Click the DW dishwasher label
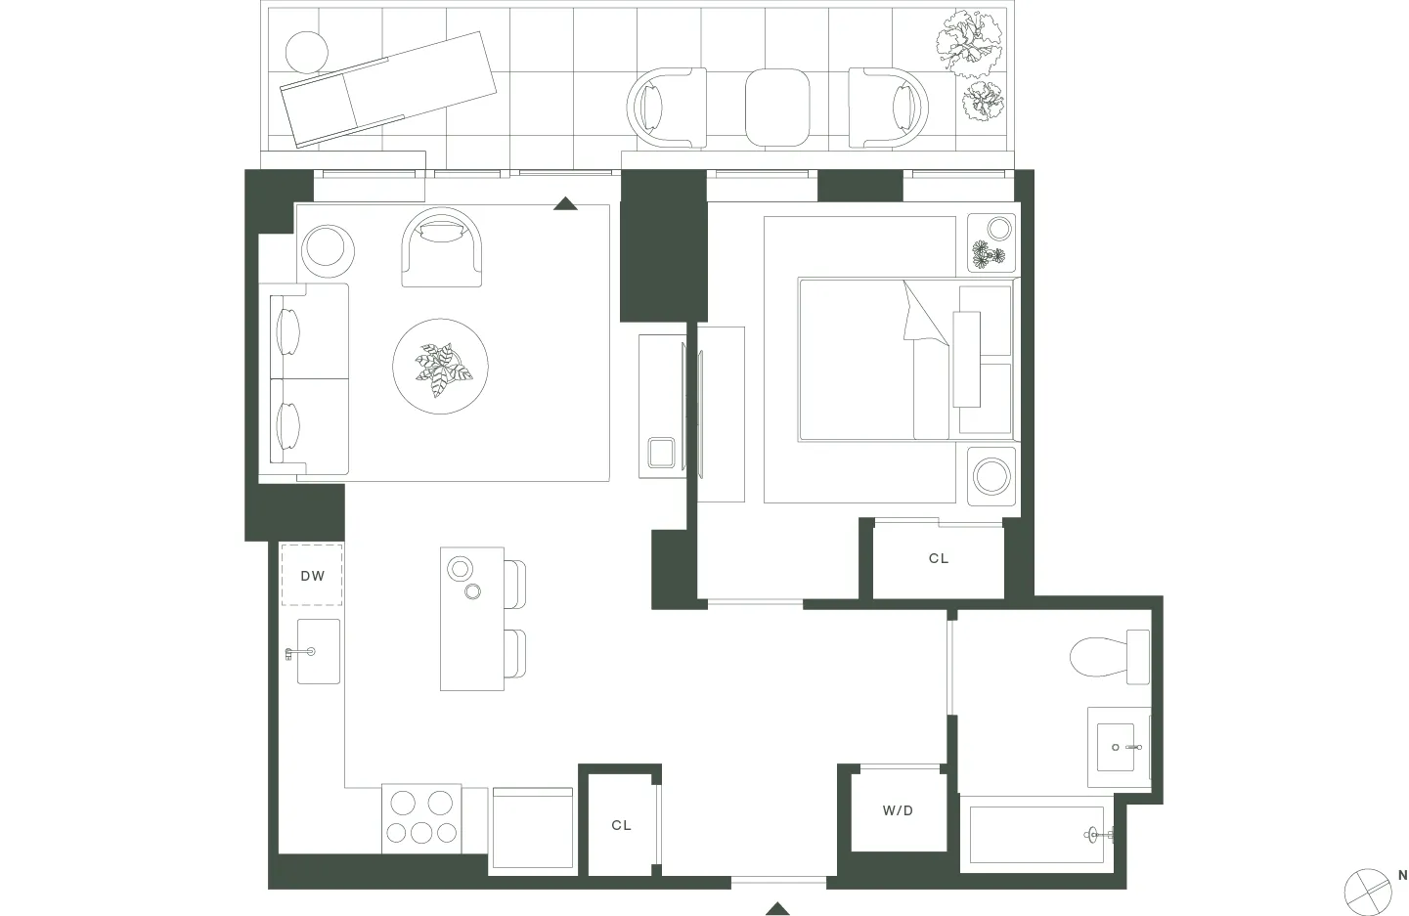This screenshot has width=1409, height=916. tap(312, 576)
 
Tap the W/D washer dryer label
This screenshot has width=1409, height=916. tap(898, 810)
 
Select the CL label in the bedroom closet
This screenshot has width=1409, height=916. tap(939, 558)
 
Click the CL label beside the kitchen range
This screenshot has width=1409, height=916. tap(621, 825)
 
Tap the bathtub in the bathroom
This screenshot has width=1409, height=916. tap(1036, 834)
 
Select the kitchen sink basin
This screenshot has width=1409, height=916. tap(318, 651)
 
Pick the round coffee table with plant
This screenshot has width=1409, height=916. tap(440, 366)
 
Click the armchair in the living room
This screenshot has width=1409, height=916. tap(442, 247)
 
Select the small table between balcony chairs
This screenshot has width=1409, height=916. tap(777, 107)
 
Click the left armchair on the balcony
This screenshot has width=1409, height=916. tap(666, 108)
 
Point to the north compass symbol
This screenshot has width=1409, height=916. tap(1368, 891)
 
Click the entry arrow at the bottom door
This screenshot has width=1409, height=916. tap(777, 909)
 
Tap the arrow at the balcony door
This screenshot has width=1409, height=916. tap(565, 203)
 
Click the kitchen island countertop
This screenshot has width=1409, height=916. tap(471, 619)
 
